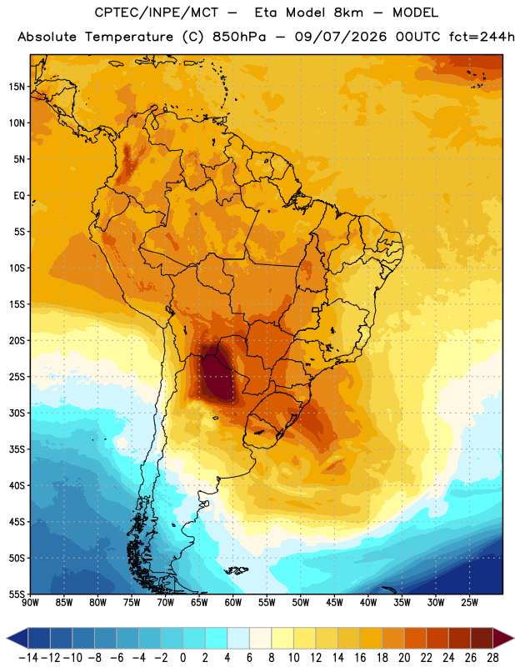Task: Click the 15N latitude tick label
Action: coord(17,87)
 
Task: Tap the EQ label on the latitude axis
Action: coord(19,196)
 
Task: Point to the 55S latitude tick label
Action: coord(17,594)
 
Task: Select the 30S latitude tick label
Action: coord(17,413)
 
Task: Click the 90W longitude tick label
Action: coord(30,603)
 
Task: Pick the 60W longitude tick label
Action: coord(233,603)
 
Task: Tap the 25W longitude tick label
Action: coord(469,603)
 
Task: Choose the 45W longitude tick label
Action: coord(334,603)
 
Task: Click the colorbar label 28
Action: coord(492,658)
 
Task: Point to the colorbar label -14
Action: coord(28,658)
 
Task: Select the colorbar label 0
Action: coord(182,658)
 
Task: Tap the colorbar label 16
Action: coord(360,658)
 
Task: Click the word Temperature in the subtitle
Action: coord(129,37)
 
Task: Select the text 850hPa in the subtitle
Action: coord(239,37)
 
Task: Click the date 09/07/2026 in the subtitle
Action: coord(341,37)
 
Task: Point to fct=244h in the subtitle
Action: coord(482,37)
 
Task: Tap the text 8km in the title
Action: coord(348,13)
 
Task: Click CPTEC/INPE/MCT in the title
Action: coord(157,13)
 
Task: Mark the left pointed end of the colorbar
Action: coord(7,638)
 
